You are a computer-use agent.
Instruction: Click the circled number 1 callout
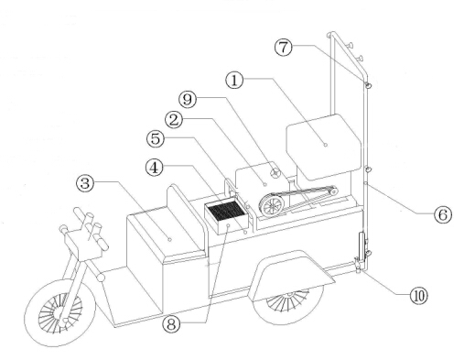click(234, 81)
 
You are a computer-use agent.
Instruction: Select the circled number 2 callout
click(174, 120)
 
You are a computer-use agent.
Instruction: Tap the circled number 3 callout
click(85, 183)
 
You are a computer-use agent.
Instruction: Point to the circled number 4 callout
click(155, 168)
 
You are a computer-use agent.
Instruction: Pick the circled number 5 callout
click(156, 138)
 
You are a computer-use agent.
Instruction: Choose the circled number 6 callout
click(443, 214)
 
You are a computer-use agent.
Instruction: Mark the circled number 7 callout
click(284, 48)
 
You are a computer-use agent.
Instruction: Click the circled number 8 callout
click(172, 324)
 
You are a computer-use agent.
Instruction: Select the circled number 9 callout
click(188, 99)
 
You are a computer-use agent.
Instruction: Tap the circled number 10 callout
click(419, 296)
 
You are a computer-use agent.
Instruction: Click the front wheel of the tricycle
click(59, 312)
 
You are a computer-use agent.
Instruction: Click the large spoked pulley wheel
click(272, 206)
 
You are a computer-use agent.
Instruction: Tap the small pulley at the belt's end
click(333, 191)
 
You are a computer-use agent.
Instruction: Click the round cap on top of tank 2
click(275, 173)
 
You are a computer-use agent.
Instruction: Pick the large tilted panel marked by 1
click(324, 147)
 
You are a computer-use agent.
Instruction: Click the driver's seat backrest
click(186, 217)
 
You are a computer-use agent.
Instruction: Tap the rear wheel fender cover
click(292, 275)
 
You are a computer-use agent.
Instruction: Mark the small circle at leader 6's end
click(366, 183)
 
